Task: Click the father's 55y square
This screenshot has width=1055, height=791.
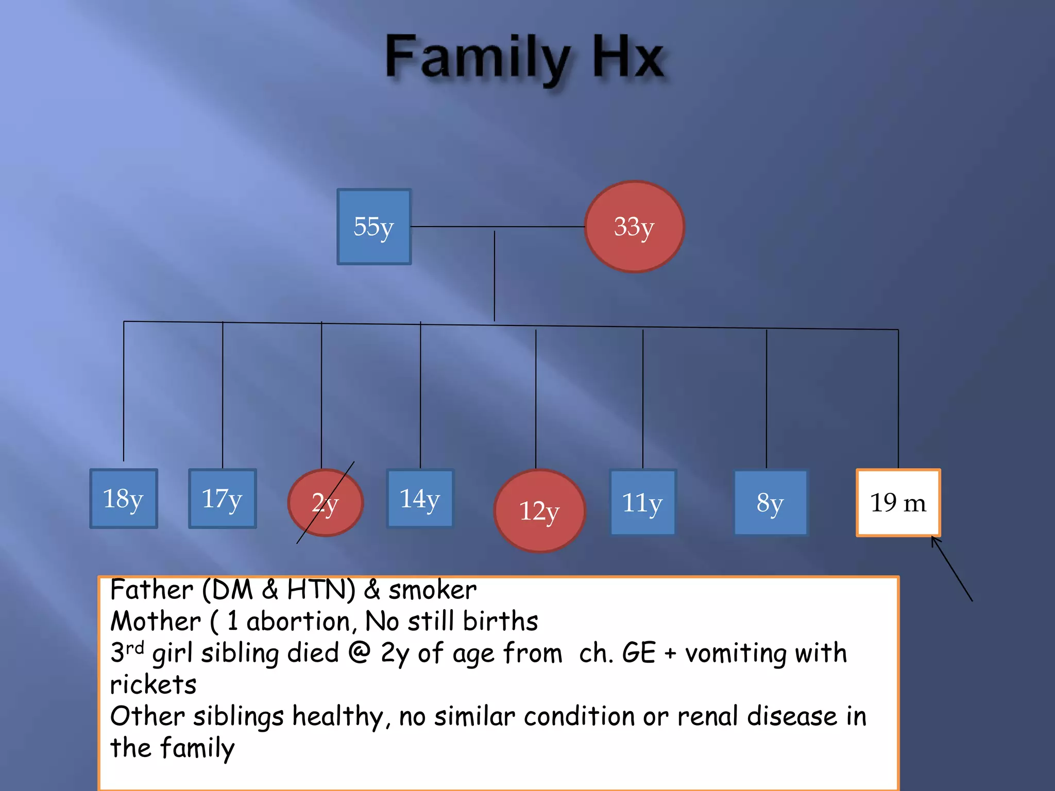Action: (x=374, y=227)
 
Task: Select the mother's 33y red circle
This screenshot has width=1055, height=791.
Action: (x=634, y=227)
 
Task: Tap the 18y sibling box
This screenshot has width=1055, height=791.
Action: (x=124, y=498)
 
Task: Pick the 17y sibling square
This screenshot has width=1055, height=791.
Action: (x=223, y=498)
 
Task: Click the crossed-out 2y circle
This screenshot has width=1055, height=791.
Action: (x=326, y=503)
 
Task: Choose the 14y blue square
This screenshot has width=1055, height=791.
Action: (x=420, y=498)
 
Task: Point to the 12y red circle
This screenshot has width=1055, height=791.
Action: (x=539, y=510)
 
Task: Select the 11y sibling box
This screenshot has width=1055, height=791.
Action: (x=643, y=503)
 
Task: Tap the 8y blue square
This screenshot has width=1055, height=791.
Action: (x=771, y=503)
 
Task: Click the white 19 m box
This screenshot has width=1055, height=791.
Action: (x=898, y=503)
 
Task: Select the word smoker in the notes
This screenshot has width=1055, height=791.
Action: (x=432, y=590)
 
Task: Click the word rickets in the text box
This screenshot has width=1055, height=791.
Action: (x=154, y=685)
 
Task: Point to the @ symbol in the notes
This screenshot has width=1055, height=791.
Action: (x=360, y=652)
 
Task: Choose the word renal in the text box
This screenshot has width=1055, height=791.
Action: (x=708, y=716)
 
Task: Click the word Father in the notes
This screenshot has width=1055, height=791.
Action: (x=151, y=590)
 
